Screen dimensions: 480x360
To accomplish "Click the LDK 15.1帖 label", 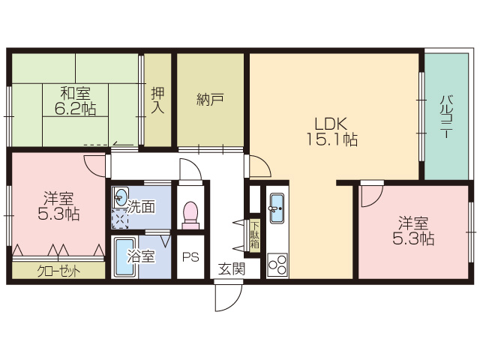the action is pyautogui.click(x=331, y=132).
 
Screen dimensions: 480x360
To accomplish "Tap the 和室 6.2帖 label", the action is pyautogui.click(x=75, y=101).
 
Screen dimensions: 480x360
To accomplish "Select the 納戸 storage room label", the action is pyautogui.click(x=210, y=100).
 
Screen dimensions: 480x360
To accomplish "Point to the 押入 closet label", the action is pyautogui.click(x=157, y=100).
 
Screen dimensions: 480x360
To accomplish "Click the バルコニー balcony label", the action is pyautogui.click(x=446, y=117).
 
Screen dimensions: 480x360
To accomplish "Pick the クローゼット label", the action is pyautogui.click(x=58, y=271).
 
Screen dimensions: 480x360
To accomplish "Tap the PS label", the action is pyautogui.click(x=190, y=257).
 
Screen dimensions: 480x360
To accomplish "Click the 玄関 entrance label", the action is pyautogui.click(x=232, y=269).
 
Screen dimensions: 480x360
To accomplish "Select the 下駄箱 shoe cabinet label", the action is pyautogui.click(x=255, y=235).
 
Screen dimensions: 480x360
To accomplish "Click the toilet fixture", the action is pyautogui.click(x=190, y=215).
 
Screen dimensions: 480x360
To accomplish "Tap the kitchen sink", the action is pyautogui.click(x=277, y=208).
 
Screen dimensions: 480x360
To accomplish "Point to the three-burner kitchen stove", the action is pyautogui.click(x=277, y=265).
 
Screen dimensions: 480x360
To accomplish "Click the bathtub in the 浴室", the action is pyautogui.click(x=124, y=257).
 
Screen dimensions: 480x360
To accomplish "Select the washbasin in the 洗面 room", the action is pyautogui.click(x=121, y=196).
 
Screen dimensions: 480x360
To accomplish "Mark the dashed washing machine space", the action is pyautogui.click(x=120, y=219).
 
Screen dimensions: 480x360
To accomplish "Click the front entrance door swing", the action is pyautogui.click(x=228, y=297).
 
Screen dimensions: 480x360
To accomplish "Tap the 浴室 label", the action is pyautogui.click(x=141, y=256).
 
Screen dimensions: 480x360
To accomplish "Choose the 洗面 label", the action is pyautogui.click(x=141, y=207).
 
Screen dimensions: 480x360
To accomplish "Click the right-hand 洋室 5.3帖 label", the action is pyautogui.click(x=413, y=231).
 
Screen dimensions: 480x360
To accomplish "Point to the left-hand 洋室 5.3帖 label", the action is pyautogui.click(x=58, y=206).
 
